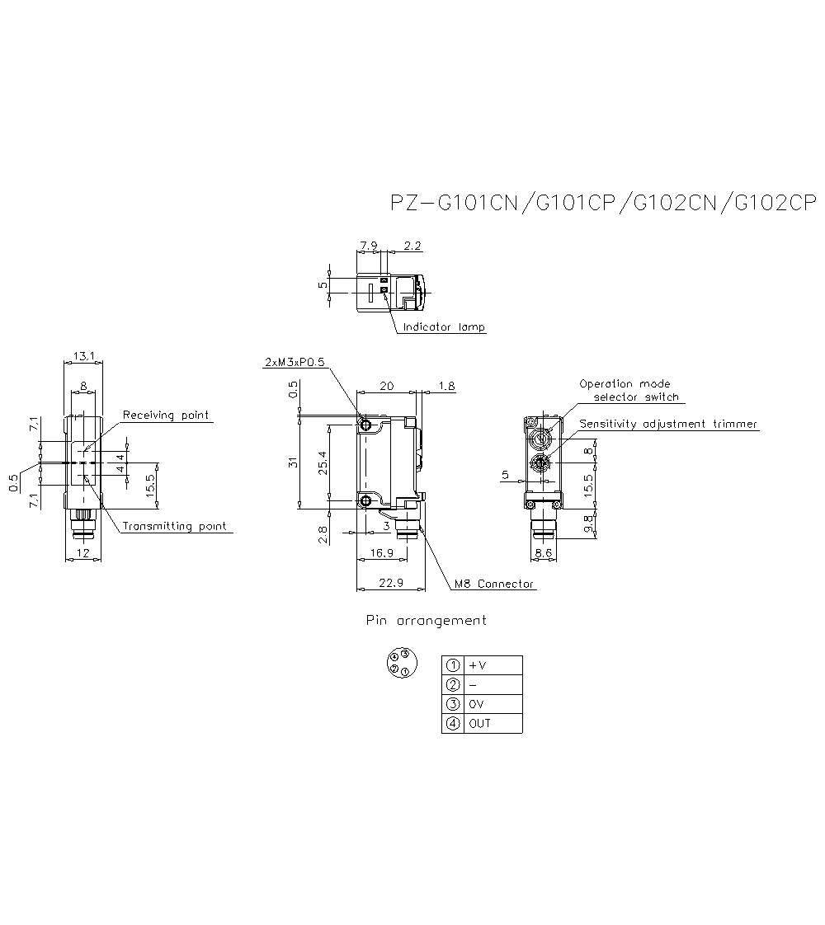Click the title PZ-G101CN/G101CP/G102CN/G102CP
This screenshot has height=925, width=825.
coord(602,204)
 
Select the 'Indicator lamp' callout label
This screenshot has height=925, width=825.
coord(444,327)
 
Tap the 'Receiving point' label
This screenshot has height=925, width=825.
coord(165,415)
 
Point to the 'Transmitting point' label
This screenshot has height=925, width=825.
coord(173,526)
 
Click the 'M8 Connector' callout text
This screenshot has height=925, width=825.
coord(494,584)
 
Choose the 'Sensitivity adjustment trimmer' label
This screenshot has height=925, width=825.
coord(668,424)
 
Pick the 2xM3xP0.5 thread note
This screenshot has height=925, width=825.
coord(295,362)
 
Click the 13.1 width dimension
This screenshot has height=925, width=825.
coord(83,356)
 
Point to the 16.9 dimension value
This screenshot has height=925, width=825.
coord(380,553)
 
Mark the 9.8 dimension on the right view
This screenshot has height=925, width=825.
coord(588,524)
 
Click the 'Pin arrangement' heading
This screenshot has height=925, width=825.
coord(426,620)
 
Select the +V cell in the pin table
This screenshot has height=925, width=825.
coord(478,665)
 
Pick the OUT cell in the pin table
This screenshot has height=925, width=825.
coord(479,724)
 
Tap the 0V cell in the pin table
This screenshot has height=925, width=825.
coord(477,704)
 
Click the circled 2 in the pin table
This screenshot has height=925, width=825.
coord(452,685)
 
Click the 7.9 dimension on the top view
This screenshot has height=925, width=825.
coord(369,246)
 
